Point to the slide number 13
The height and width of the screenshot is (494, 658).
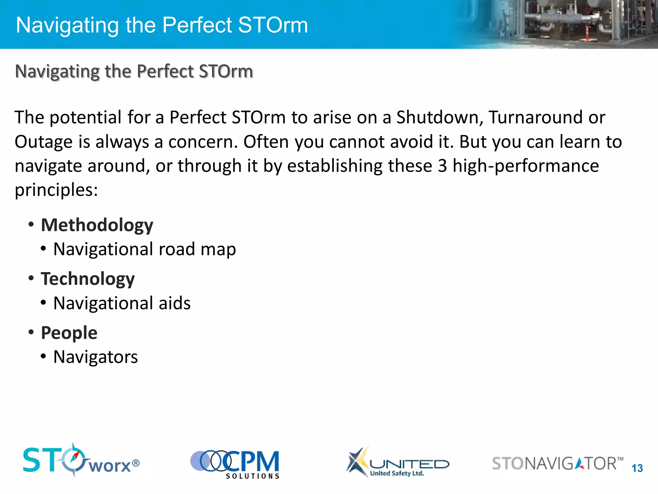(x=637, y=468)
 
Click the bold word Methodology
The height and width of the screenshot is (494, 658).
(x=97, y=225)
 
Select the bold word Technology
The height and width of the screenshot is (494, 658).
(x=87, y=279)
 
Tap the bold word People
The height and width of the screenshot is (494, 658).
(x=69, y=333)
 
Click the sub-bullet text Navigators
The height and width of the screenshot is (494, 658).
(x=95, y=357)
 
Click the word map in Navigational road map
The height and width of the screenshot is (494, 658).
(x=218, y=250)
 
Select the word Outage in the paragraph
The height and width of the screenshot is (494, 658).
(x=44, y=142)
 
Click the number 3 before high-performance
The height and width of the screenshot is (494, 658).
(x=442, y=166)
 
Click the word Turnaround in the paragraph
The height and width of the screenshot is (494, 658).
(x=535, y=117)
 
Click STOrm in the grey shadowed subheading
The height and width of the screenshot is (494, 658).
(x=226, y=71)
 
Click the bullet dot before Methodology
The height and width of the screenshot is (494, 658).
(x=31, y=224)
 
